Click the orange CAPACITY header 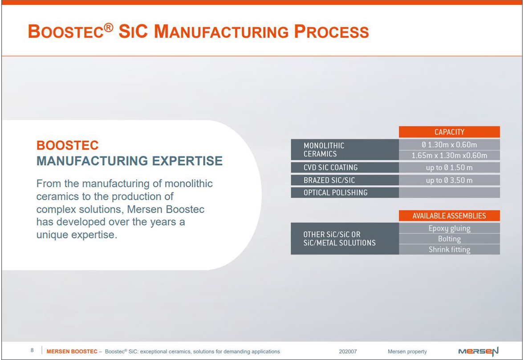pyautogui.click(x=449, y=132)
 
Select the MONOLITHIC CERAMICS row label pyautogui.click(x=345, y=150)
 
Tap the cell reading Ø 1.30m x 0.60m pyautogui.click(x=449, y=145)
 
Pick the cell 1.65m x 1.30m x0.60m pyautogui.click(x=449, y=155)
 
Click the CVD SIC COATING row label pyautogui.click(x=345, y=167)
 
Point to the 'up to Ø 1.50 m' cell pyautogui.click(x=449, y=167)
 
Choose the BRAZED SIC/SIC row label pyautogui.click(x=345, y=180)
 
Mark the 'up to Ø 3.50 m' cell pyautogui.click(x=449, y=180)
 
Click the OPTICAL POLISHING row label pyautogui.click(x=345, y=192)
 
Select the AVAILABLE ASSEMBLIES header pyautogui.click(x=449, y=216)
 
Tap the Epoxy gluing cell pyautogui.click(x=449, y=228)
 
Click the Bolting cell pyautogui.click(x=449, y=239)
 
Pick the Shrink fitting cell pyautogui.click(x=449, y=250)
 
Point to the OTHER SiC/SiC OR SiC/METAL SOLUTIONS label pyautogui.click(x=345, y=239)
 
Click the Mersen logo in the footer pyautogui.click(x=478, y=351)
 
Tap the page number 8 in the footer pyautogui.click(x=32, y=350)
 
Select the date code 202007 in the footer pyautogui.click(x=348, y=351)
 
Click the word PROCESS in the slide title pyautogui.click(x=331, y=32)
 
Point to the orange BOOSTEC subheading pyautogui.click(x=68, y=145)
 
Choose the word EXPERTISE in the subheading pyautogui.click(x=187, y=161)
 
